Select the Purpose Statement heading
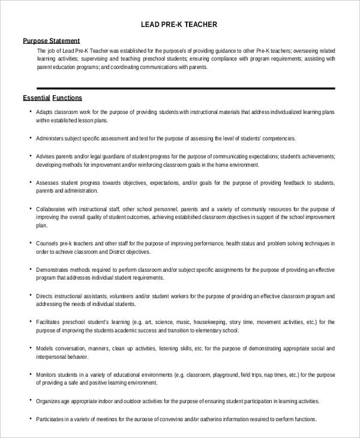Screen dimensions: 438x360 click(51, 41)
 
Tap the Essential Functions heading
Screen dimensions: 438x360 click(52, 97)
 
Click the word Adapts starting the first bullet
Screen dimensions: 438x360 click(45, 112)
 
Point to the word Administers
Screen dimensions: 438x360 click(52, 138)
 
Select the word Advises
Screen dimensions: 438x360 click(46, 155)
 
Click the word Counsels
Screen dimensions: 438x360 click(47, 244)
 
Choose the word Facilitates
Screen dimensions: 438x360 click(50, 322)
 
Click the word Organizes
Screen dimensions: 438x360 click(49, 400)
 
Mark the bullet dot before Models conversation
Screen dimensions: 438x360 click(30, 348)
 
